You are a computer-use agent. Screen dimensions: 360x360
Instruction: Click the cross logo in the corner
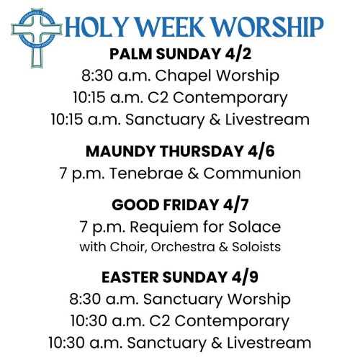pyautogui.click(x=37, y=37)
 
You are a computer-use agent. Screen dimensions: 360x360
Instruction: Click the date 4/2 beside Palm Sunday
pyautogui.click(x=238, y=54)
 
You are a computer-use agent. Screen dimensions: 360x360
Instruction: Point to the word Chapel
pyautogui.click(x=184, y=76)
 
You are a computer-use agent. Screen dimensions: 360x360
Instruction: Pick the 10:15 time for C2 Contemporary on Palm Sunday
pyautogui.click(x=89, y=97)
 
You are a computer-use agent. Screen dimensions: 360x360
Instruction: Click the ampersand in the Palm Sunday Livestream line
pyautogui.click(x=215, y=120)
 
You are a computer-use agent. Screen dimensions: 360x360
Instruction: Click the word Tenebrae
pyautogui.click(x=146, y=174)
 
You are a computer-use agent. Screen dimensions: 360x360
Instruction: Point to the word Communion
pyautogui.click(x=252, y=174)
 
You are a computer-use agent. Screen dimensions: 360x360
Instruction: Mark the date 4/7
pyautogui.click(x=235, y=205)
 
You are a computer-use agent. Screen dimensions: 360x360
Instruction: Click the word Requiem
pyautogui.click(x=164, y=228)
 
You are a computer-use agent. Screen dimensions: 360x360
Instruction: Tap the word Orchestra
pyautogui.click(x=183, y=247)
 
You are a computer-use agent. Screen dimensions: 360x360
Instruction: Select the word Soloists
pyautogui.click(x=256, y=247)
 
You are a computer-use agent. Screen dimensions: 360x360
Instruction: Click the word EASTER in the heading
pyautogui.click(x=130, y=277)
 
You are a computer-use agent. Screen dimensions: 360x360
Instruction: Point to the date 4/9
pyautogui.click(x=245, y=277)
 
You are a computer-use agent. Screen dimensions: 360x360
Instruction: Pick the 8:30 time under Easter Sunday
pyautogui.click(x=85, y=300)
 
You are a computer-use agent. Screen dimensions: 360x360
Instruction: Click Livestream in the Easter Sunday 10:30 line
pyautogui.click(x=269, y=343)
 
